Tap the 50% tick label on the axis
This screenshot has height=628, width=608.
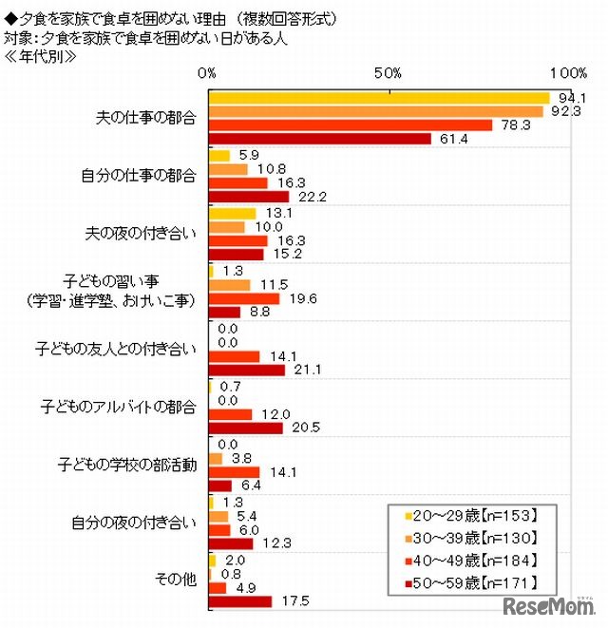pos(388,73)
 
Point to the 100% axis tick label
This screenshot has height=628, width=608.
pos(567,73)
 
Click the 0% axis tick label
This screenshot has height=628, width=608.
pos(208,73)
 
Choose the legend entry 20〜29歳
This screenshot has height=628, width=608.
pos(471,517)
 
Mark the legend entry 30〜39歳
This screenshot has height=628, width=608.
pos(471,539)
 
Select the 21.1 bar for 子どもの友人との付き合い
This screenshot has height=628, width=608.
pos(246,370)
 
